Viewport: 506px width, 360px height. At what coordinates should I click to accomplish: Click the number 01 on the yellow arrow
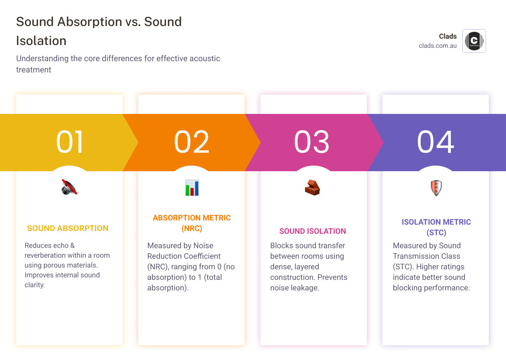point(70,142)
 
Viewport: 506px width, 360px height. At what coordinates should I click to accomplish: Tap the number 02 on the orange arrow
point(192,142)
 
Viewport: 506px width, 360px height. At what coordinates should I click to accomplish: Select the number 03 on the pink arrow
point(312,142)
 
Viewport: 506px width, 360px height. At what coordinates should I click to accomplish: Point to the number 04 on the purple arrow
point(436,142)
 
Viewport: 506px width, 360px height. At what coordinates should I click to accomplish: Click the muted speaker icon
point(69,187)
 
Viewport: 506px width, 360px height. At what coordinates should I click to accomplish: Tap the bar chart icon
point(192,187)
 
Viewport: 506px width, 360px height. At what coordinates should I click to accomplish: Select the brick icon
point(312,187)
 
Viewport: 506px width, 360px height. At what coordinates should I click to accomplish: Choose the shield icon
point(436,188)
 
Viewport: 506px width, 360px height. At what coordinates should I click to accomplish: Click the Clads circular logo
point(474,41)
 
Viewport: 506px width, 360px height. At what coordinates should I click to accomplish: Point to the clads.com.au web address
point(437,46)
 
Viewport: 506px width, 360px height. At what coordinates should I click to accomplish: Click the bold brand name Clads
point(448,36)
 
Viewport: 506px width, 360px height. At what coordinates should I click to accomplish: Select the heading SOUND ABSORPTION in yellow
point(68,229)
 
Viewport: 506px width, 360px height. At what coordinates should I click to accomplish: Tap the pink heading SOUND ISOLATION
point(313,231)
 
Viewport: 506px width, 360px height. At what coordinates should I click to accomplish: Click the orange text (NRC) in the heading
point(192,229)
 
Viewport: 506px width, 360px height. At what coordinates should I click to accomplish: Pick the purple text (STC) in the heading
point(436,233)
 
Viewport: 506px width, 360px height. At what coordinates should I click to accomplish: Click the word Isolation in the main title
point(41,41)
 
